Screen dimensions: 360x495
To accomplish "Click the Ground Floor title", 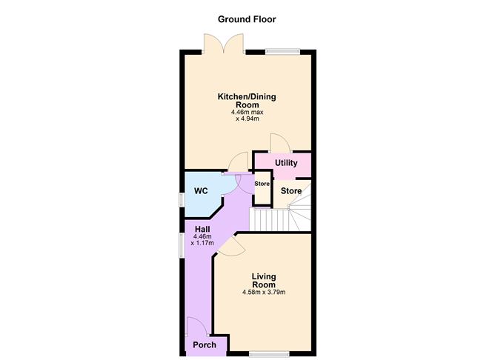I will click(x=247, y=19).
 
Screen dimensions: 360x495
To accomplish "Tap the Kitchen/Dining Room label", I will click(x=247, y=101).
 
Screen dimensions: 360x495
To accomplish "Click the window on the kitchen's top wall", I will click(x=283, y=51).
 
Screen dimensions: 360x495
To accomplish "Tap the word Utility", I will click(x=286, y=163).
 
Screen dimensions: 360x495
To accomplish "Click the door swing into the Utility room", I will click(x=279, y=143).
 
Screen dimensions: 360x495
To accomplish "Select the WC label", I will click(x=201, y=190).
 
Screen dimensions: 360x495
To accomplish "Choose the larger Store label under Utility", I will click(x=291, y=191).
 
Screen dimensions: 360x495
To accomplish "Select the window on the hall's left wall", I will click(x=182, y=245).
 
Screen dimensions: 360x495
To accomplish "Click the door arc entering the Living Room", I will click(x=227, y=247).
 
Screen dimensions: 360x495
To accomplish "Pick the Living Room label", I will click(x=263, y=281).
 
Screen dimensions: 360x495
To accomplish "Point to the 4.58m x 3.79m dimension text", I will click(x=263, y=293).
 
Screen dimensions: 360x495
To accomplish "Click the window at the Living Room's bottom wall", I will click(x=264, y=354).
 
